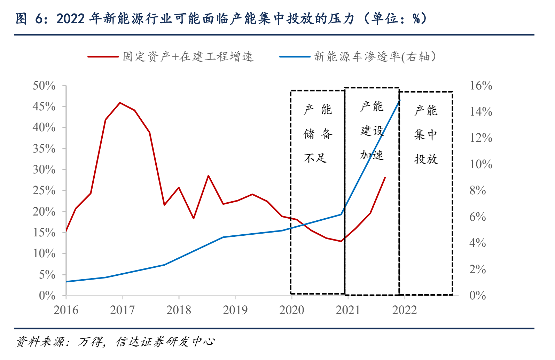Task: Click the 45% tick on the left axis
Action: click(44, 107)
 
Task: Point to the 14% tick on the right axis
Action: click(481, 112)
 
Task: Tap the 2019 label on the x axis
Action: click(235, 310)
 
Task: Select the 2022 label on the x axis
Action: click(404, 310)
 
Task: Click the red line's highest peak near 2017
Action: click(120, 103)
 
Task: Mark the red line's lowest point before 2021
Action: click(341, 241)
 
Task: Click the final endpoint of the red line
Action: click(385, 178)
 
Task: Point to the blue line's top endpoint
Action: click(399, 100)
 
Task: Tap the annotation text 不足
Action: click(315, 158)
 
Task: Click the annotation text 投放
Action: click(426, 159)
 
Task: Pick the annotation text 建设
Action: click(372, 131)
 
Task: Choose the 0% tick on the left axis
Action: click(47, 296)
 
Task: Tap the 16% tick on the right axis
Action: click(481, 86)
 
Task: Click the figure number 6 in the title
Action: click(39, 19)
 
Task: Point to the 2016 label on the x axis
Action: click(66, 310)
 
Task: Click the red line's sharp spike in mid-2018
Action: click(208, 175)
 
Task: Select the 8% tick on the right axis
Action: click(478, 190)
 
